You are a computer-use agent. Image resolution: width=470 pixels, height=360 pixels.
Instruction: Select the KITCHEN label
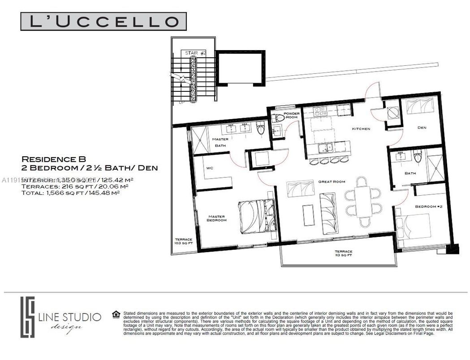[361, 129]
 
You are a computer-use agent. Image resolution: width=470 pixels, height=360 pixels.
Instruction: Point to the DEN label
[422, 128]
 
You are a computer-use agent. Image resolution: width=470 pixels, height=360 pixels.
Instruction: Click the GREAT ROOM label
[332, 181]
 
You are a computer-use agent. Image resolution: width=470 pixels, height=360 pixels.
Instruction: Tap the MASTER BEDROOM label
[217, 218]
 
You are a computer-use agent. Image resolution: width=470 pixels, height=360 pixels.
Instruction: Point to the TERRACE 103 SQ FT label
[183, 241]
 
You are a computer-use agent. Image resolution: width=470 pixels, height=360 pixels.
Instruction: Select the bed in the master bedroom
[256, 217]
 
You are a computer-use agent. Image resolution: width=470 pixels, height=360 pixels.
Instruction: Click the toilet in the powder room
[280, 118]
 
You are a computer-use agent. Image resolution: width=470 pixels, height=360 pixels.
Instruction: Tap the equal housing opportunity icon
[116, 313]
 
